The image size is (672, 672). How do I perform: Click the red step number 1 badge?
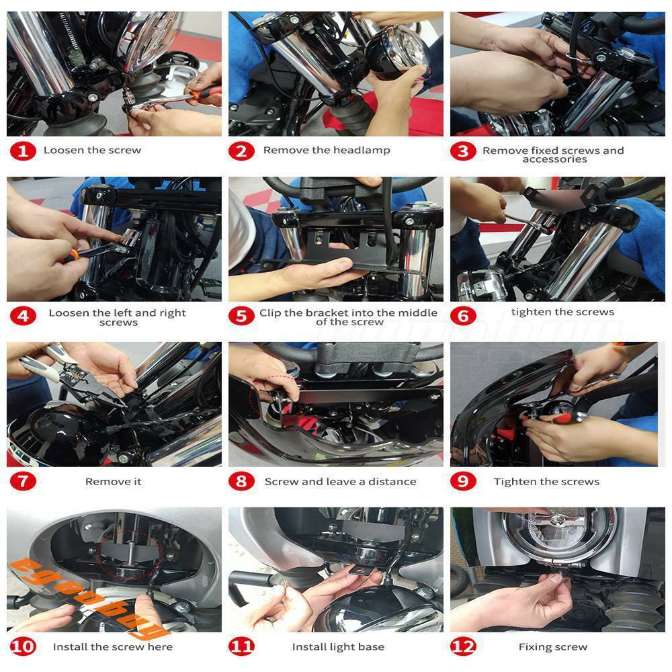[23, 151]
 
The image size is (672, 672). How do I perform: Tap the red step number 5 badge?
[241, 316]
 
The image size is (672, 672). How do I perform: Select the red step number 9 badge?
[463, 481]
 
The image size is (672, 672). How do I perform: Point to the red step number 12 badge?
[463, 646]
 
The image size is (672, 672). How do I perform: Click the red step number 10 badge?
[23, 646]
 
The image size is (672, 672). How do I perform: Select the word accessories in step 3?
[554, 159]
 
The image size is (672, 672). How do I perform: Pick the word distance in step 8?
[392, 481]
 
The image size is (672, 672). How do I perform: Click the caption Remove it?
[113, 481]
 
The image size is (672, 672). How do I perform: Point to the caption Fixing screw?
[553, 646]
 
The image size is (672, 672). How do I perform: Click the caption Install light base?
[338, 646]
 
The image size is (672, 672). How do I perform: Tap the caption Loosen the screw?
[92, 150]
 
